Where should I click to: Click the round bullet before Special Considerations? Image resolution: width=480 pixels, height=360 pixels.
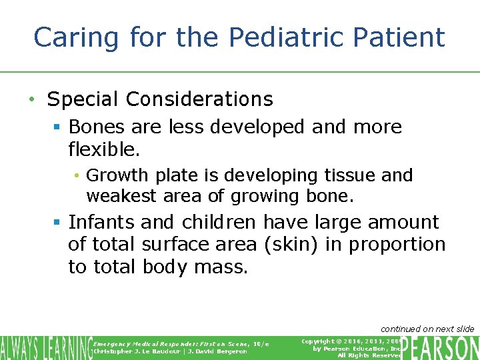[x=31, y=100]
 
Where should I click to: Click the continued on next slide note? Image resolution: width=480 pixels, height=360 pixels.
[x=427, y=329]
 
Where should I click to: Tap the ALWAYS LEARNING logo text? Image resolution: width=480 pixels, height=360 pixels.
[x=45, y=347]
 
